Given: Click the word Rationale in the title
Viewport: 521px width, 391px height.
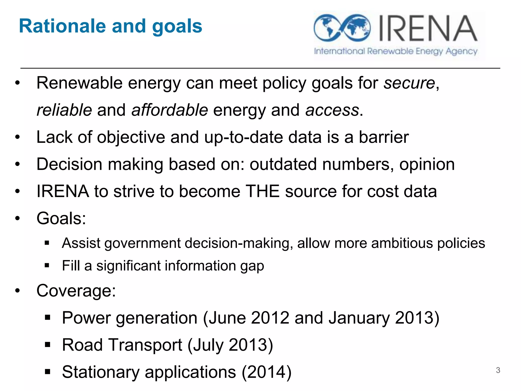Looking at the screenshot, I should [62, 26].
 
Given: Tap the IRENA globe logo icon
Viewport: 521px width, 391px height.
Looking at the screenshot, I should [342, 28].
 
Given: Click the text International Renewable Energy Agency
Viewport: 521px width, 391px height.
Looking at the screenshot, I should [396, 51].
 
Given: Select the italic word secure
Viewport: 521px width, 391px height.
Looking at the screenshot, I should [409, 83].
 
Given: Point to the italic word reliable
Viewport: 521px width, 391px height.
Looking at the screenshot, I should [64, 110].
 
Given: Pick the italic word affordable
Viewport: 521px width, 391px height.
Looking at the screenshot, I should [170, 110].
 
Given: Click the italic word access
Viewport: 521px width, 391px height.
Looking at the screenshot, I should [332, 110].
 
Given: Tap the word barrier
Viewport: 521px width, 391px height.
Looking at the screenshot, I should [384, 137].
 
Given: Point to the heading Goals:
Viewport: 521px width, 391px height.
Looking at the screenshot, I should [61, 218].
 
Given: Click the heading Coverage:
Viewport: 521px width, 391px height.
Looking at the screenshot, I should [76, 290].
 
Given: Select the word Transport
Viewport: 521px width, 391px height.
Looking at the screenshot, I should [146, 345].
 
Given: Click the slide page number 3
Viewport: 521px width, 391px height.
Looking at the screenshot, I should [498, 370].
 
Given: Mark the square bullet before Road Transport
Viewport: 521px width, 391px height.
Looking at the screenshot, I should [47, 345].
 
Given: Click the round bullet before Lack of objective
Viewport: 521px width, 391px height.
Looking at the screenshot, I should [17, 137].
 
